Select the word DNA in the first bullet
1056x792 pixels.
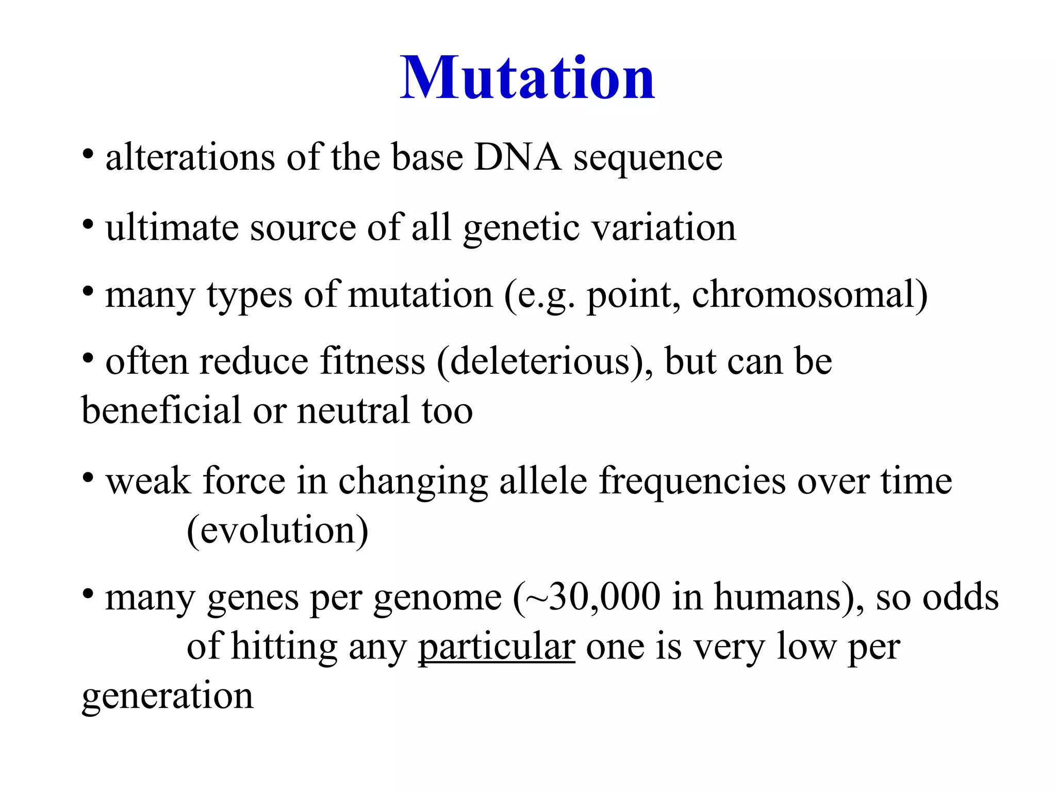517,157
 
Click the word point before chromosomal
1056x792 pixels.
633,296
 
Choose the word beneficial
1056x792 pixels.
161,410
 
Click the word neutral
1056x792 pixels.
353,411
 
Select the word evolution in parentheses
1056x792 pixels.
277,530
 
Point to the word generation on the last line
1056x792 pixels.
168,696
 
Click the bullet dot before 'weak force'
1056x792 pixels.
88,478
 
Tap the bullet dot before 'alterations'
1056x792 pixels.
88,154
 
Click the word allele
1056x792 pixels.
543,481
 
